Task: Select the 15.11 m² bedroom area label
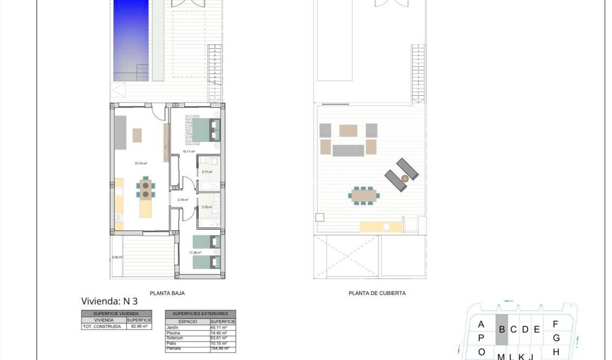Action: [x=188, y=152]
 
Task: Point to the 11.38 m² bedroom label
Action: [x=195, y=253]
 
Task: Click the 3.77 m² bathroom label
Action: [x=206, y=172]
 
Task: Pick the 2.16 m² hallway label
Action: [x=183, y=200]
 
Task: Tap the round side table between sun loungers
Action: [x=404, y=178]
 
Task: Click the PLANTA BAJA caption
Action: [x=167, y=293]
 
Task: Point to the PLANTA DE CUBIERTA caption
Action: [x=377, y=293]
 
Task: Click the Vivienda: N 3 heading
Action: [x=109, y=302]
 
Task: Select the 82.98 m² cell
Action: [x=139, y=326]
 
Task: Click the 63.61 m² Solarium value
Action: [x=218, y=338]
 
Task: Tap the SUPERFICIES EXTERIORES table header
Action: [x=200, y=314]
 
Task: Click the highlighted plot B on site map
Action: [x=502, y=329]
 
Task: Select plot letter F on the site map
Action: [x=555, y=325]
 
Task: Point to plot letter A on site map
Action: [x=481, y=325]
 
